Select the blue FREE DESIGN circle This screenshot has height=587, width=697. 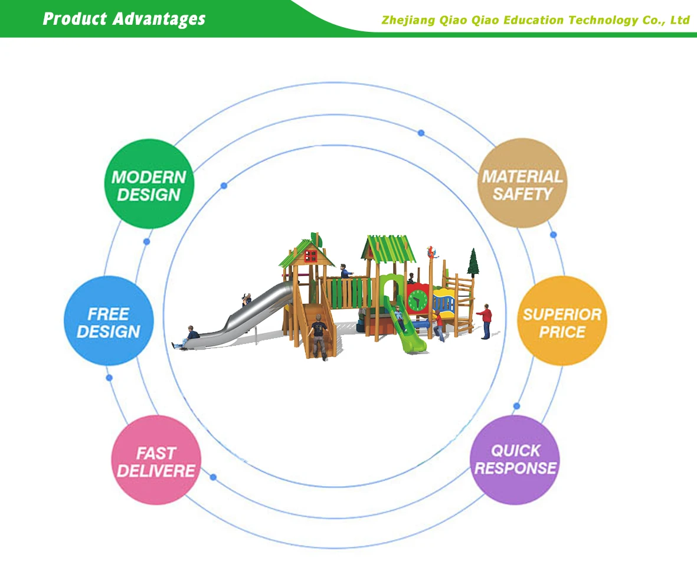pyautogui.click(x=109, y=321)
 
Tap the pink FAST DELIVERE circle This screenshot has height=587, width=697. pyautogui.click(x=156, y=460)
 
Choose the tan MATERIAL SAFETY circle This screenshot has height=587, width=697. pyautogui.click(x=522, y=183)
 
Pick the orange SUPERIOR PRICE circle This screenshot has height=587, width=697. pyautogui.click(x=562, y=321)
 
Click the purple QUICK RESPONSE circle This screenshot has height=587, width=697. pyautogui.click(x=515, y=460)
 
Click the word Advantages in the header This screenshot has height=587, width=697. pyautogui.click(x=159, y=19)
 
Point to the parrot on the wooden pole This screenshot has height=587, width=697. pyautogui.click(x=435, y=252)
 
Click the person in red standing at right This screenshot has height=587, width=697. pyautogui.click(x=486, y=320)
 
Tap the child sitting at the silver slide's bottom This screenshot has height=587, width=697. pyautogui.click(x=191, y=336)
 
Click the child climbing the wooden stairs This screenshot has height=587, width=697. pyautogui.click(x=319, y=335)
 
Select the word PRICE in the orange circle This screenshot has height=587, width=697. pyautogui.click(x=561, y=332)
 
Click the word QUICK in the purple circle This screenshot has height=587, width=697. pyautogui.click(x=515, y=451)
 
